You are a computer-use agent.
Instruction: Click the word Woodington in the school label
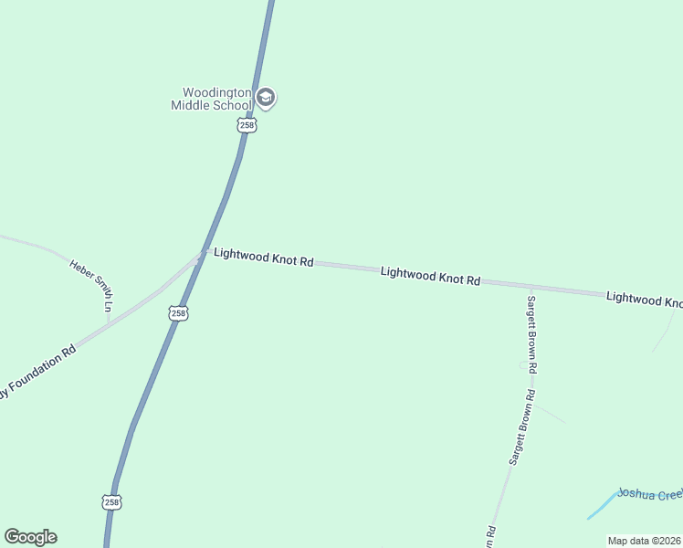coord(217,92)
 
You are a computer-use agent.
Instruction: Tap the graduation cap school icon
coord(266,98)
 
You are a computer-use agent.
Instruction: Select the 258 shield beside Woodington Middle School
coord(247,125)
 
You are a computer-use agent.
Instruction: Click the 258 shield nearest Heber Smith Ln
coord(178,313)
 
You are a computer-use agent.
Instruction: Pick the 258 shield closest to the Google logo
coord(110,502)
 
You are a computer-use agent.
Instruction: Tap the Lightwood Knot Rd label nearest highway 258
coord(263,257)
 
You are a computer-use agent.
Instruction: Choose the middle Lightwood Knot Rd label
coord(430,275)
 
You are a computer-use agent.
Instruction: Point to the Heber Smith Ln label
coord(91,285)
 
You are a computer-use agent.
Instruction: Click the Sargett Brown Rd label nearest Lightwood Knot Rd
coord(531,332)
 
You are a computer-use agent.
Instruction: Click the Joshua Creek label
coord(649,494)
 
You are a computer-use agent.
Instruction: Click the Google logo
coord(30,537)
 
